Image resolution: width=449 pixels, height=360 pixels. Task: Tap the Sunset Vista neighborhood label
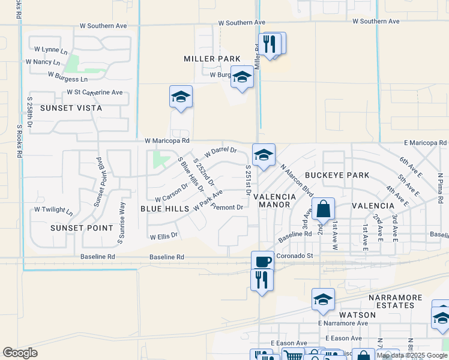[71, 108]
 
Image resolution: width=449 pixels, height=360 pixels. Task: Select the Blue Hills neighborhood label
[164, 209]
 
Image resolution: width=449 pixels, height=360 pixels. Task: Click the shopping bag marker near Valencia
[323, 209]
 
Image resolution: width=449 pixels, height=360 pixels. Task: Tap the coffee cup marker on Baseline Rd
[262, 262]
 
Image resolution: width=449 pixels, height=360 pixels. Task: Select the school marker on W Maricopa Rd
[263, 155]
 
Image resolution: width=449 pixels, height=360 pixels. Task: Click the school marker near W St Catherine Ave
[181, 97]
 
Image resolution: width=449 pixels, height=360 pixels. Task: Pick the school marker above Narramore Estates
[323, 299]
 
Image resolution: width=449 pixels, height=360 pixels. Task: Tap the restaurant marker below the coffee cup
[262, 280]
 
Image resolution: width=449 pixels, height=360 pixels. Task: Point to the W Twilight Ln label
[53, 211]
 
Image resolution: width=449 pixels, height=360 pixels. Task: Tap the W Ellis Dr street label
[164, 236]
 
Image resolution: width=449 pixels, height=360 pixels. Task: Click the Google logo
[20, 353]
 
